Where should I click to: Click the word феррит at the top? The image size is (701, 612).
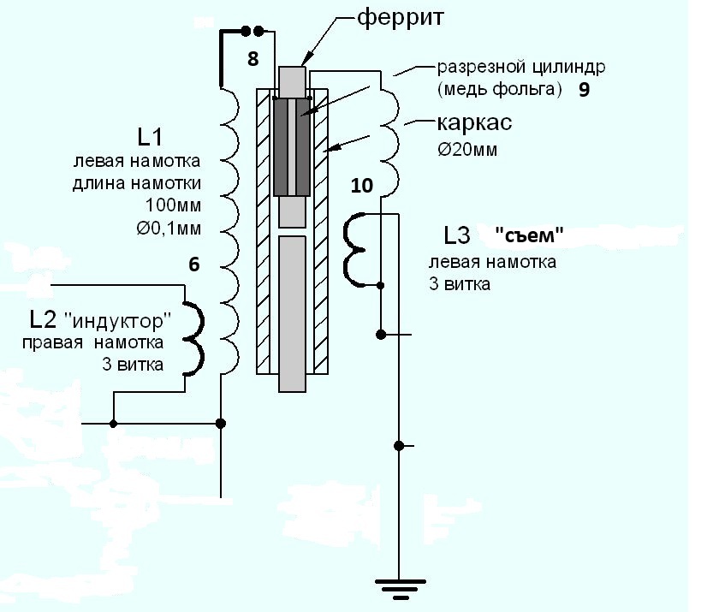coord(398,17)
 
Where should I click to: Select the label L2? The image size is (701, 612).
coord(42,319)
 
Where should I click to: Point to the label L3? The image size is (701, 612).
coord(460,235)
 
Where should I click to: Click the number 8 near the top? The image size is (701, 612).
coord(252,59)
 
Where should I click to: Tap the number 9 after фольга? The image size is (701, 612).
coord(583,89)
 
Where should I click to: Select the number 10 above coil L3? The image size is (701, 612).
coord(362,185)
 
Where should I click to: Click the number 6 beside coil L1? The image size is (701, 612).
coord(194,265)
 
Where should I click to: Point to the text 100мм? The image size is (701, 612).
coord(173,206)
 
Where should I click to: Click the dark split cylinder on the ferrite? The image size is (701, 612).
coord(292,146)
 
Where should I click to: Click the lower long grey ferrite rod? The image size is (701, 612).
coord(292,312)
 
